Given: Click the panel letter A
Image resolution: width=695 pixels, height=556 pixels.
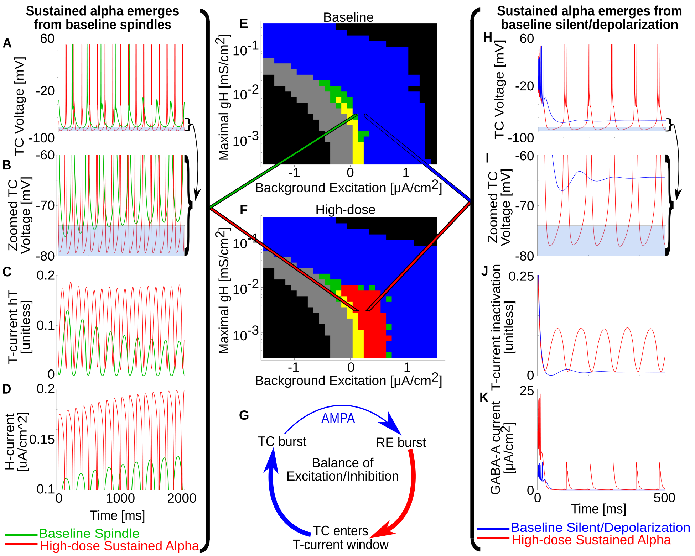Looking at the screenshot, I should tap(7, 43).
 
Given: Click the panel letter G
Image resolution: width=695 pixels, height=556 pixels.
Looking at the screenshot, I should tap(244, 415).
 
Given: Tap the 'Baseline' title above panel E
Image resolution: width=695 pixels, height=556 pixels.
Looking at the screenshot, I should tap(348, 17).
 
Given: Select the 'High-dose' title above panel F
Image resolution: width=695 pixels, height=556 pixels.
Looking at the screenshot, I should tap(345, 210).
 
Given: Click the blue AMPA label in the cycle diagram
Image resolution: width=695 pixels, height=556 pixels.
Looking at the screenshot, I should tap(338, 418).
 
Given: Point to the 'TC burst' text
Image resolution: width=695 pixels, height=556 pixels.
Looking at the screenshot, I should tap(282, 441).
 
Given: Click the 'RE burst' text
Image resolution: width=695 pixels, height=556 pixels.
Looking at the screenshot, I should tap(401, 442).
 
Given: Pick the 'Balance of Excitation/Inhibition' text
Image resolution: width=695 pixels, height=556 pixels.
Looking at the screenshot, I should tap(342, 470).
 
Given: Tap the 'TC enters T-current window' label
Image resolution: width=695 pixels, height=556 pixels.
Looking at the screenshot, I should tap(341, 537).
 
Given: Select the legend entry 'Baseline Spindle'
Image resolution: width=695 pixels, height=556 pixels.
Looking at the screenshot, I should tap(89, 533).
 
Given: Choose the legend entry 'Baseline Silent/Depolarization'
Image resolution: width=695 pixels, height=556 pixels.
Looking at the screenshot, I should tap(600, 527).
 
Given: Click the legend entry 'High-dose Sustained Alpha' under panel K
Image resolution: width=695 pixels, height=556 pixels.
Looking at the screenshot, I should tap(591, 540).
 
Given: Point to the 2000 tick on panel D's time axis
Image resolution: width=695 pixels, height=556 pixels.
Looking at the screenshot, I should tap(182, 498).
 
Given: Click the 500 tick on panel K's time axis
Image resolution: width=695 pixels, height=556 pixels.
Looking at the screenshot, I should tap(664, 497).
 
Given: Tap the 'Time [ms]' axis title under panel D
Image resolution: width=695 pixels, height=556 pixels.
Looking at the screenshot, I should tap(117, 515).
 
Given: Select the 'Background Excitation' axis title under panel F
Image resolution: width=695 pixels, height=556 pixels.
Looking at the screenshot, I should tap(348, 381).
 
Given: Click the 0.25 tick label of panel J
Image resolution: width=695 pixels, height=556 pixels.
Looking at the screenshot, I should tap(521, 277).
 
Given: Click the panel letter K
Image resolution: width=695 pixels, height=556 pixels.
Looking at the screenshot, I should tap(484, 397).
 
